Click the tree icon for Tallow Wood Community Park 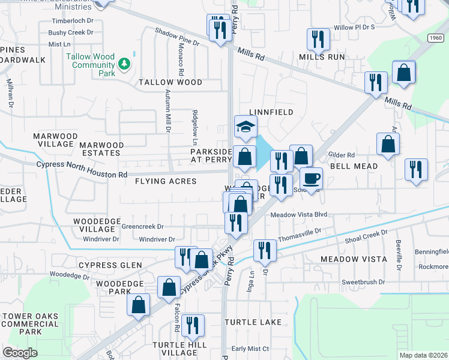(125, 63)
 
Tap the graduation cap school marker (245, 127)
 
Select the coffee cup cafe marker (311, 178)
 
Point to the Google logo (20, 353)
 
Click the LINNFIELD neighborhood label (271, 112)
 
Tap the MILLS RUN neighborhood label (322, 57)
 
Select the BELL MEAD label (354, 166)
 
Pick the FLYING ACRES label (166, 181)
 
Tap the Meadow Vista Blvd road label (298, 214)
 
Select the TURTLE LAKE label (253, 322)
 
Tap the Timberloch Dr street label (70, 20)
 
